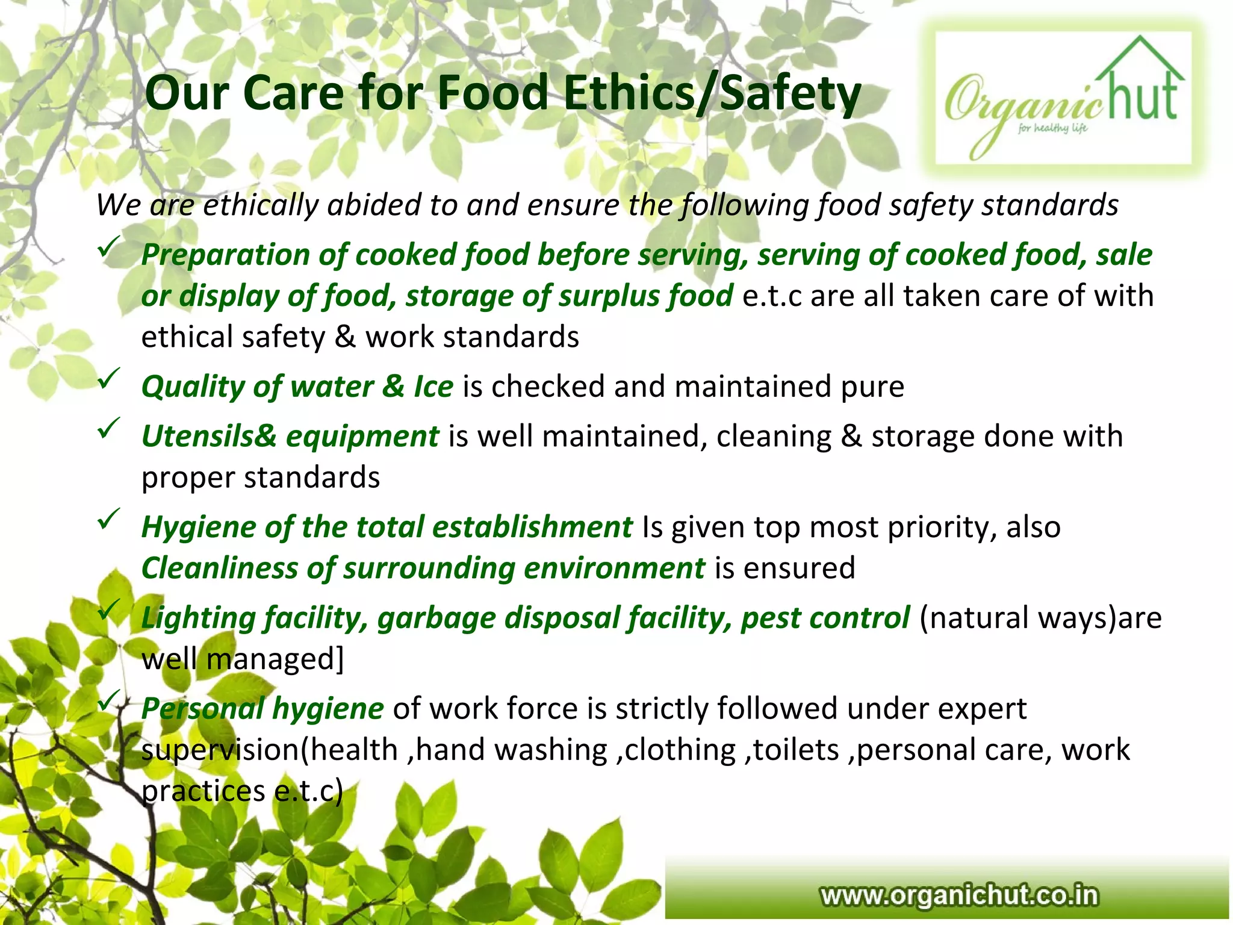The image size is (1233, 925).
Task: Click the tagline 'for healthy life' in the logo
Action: coord(1052,128)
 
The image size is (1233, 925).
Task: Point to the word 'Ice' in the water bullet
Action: coord(433,387)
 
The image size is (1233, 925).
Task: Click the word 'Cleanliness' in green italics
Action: coord(219,568)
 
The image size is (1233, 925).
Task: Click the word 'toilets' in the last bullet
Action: coord(796,750)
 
